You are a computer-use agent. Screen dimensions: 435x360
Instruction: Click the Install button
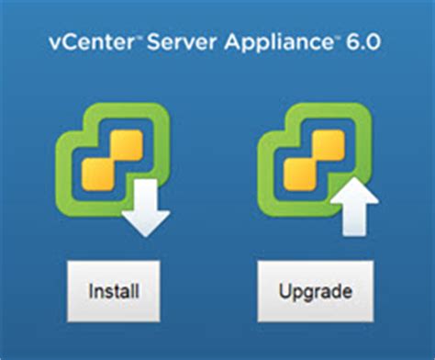pos(114,293)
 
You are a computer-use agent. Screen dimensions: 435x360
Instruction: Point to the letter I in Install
pos(92,293)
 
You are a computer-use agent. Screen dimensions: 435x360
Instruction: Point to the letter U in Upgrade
pos(284,293)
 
